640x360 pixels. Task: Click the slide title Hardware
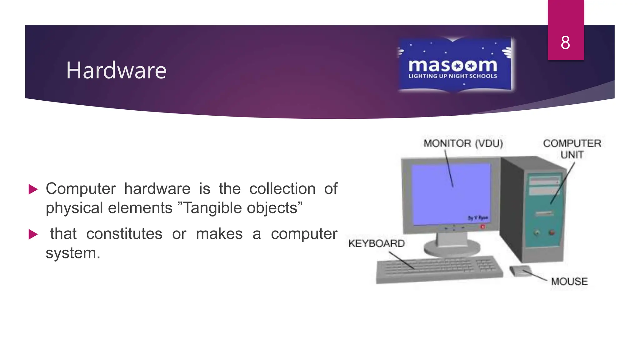(x=116, y=70)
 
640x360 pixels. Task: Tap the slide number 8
(x=565, y=43)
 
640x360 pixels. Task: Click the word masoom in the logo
(x=452, y=65)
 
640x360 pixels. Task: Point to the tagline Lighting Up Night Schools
(x=452, y=76)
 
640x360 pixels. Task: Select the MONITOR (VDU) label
(x=463, y=143)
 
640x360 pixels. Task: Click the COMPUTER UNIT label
(x=572, y=149)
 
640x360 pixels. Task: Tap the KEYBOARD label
(x=376, y=243)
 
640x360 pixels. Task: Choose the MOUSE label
(x=569, y=281)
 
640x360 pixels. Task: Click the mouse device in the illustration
(x=520, y=270)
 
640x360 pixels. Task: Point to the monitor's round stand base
(x=452, y=248)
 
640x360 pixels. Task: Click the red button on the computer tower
(x=552, y=232)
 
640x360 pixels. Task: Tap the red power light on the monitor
(x=482, y=227)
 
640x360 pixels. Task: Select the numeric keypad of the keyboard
(x=486, y=265)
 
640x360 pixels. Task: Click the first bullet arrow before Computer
(x=33, y=189)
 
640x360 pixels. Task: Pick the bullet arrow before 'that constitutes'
(x=33, y=234)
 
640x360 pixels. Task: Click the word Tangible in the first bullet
(x=211, y=208)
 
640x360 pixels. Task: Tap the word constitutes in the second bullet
(x=124, y=234)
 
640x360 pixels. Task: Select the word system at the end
(x=72, y=253)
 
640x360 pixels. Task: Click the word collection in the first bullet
(x=282, y=189)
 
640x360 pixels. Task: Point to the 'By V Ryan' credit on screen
(x=477, y=218)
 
